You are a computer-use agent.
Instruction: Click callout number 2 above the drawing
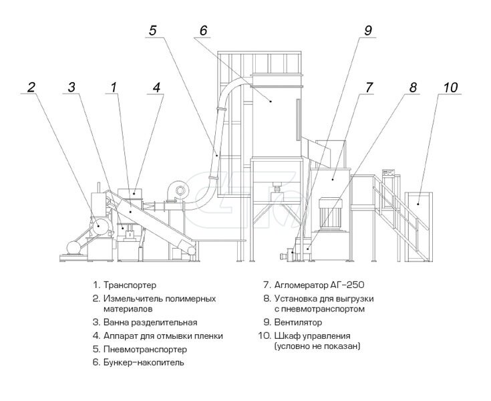[x=31, y=86]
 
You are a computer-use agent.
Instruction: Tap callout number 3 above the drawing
[x=72, y=86]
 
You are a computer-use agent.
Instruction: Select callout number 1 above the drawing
[x=114, y=86]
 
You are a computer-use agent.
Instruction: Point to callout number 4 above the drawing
[x=156, y=86]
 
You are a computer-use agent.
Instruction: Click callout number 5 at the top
[x=153, y=30]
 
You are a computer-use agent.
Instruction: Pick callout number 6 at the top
[x=203, y=30]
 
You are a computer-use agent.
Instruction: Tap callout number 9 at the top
[x=368, y=30]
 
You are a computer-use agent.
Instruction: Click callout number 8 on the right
[x=412, y=86]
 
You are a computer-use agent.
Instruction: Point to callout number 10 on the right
[x=451, y=86]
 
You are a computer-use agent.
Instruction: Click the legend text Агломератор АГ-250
[x=315, y=284]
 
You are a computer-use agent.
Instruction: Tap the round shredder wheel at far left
[x=98, y=226]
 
